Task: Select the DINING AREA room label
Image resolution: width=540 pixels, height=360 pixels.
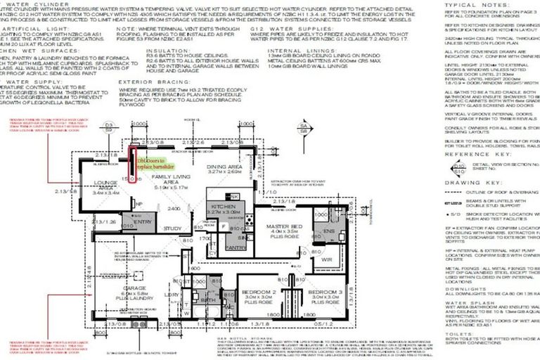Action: pos(224,168)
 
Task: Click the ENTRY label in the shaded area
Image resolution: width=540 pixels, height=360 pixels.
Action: pos(143,221)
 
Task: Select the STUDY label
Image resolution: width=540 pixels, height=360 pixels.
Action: pos(172,229)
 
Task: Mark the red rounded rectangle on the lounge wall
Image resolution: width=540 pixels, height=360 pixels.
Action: pos(131,165)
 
